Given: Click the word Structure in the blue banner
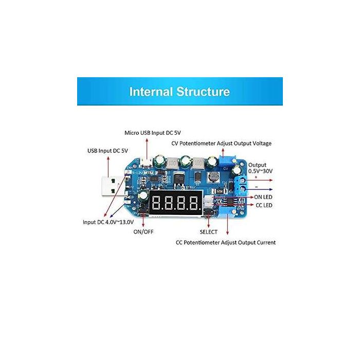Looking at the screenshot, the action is (x=203, y=92).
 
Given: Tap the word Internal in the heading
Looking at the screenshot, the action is (x=151, y=92).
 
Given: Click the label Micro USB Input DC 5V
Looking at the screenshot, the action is (x=153, y=133).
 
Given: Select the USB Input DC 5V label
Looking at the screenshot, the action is (x=107, y=151).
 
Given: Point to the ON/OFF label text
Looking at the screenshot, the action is (x=143, y=231).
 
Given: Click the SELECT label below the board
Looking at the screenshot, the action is (x=208, y=232).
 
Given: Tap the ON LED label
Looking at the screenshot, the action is (x=263, y=197).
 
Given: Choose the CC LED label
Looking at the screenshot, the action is (x=264, y=205).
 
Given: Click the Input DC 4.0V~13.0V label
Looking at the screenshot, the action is (x=108, y=222).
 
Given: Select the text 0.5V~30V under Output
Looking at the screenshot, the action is (x=260, y=171).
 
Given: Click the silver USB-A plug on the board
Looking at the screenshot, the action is (x=111, y=186).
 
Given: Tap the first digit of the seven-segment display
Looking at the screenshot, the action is (x=156, y=203).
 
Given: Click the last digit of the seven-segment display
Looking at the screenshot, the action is (x=193, y=203).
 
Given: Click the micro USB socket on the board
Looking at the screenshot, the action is (x=146, y=163).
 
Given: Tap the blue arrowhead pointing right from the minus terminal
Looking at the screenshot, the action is (x=271, y=189).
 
